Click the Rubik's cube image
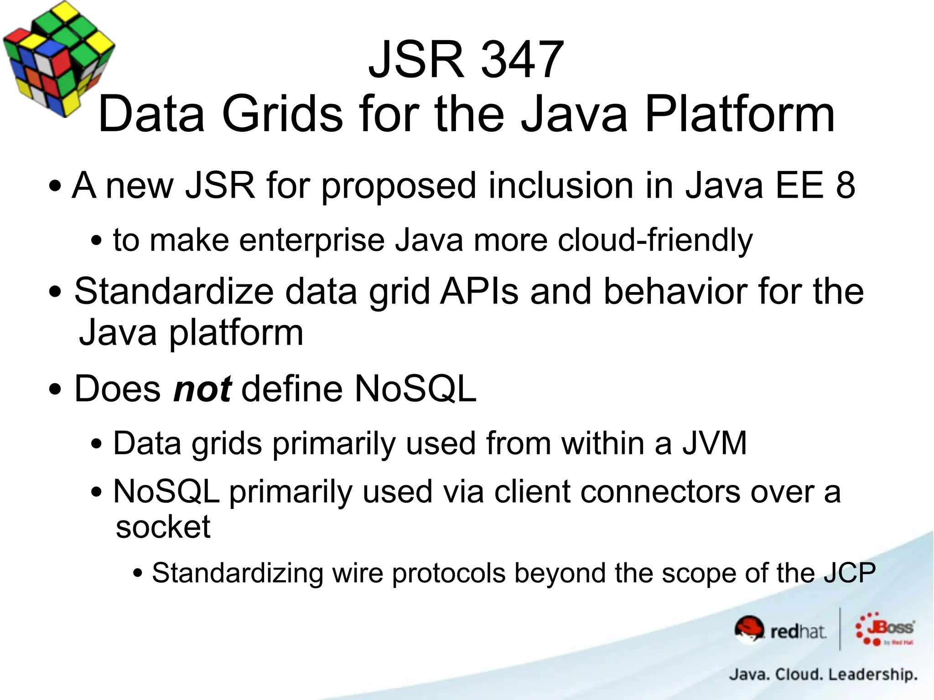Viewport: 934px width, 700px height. coord(58,58)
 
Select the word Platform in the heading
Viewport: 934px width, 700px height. coord(740,114)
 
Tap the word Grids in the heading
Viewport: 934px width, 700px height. coord(282,114)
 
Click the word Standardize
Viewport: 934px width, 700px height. coord(174,291)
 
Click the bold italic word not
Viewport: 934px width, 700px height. coord(202,389)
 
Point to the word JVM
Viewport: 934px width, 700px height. coord(715,443)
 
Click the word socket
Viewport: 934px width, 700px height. coord(163,527)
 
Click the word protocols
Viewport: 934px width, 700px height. coord(449,573)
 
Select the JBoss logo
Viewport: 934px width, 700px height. coord(885,629)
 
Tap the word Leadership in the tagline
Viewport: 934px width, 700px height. coord(872,674)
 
